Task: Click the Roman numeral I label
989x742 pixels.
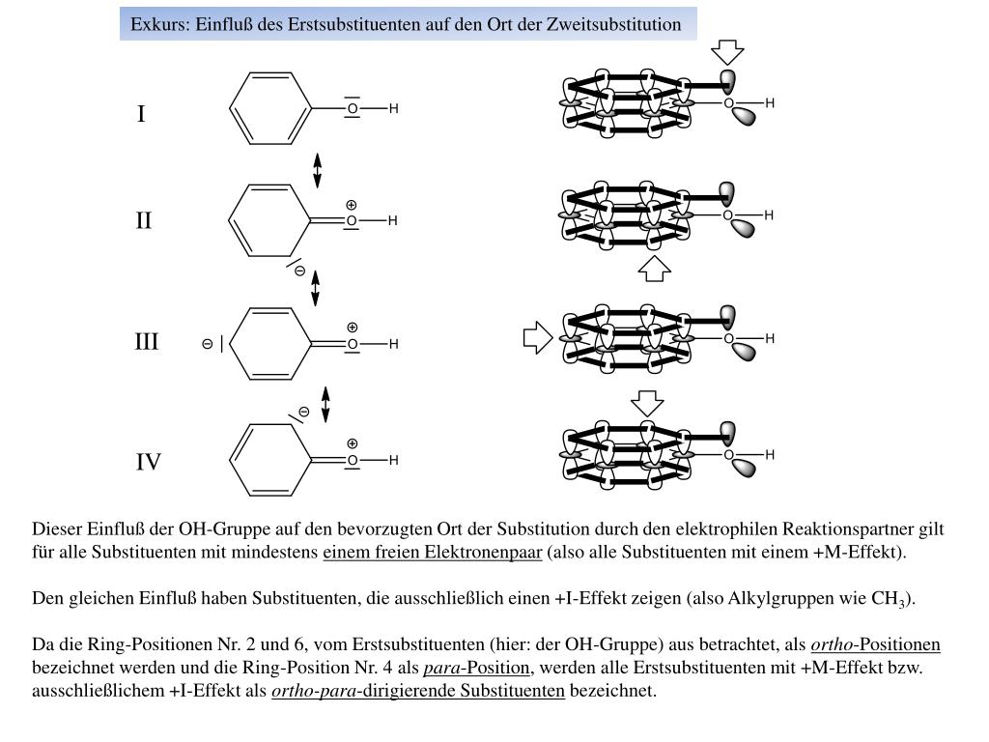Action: pyautogui.click(x=141, y=115)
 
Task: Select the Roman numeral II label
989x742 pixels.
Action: pyautogui.click(x=144, y=221)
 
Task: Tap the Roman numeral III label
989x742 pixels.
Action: pyautogui.click(x=146, y=342)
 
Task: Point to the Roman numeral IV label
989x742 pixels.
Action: pyautogui.click(x=148, y=463)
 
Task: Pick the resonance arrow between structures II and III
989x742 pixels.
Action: pyautogui.click(x=315, y=289)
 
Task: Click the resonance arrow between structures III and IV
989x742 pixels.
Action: pyautogui.click(x=325, y=405)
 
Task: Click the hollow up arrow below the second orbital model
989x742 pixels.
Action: pyautogui.click(x=654, y=269)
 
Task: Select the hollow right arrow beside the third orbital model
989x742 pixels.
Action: pyautogui.click(x=537, y=337)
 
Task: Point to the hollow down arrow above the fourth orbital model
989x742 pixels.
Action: pyautogui.click(x=647, y=404)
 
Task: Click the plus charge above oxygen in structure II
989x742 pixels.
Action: pyautogui.click(x=352, y=205)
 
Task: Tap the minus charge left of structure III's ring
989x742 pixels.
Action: pyautogui.click(x=207, y=344)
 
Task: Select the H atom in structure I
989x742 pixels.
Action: pyautogui.click(x=394, y=109)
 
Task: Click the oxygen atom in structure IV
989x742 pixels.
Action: pyautogui.click(x=353, y=461)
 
